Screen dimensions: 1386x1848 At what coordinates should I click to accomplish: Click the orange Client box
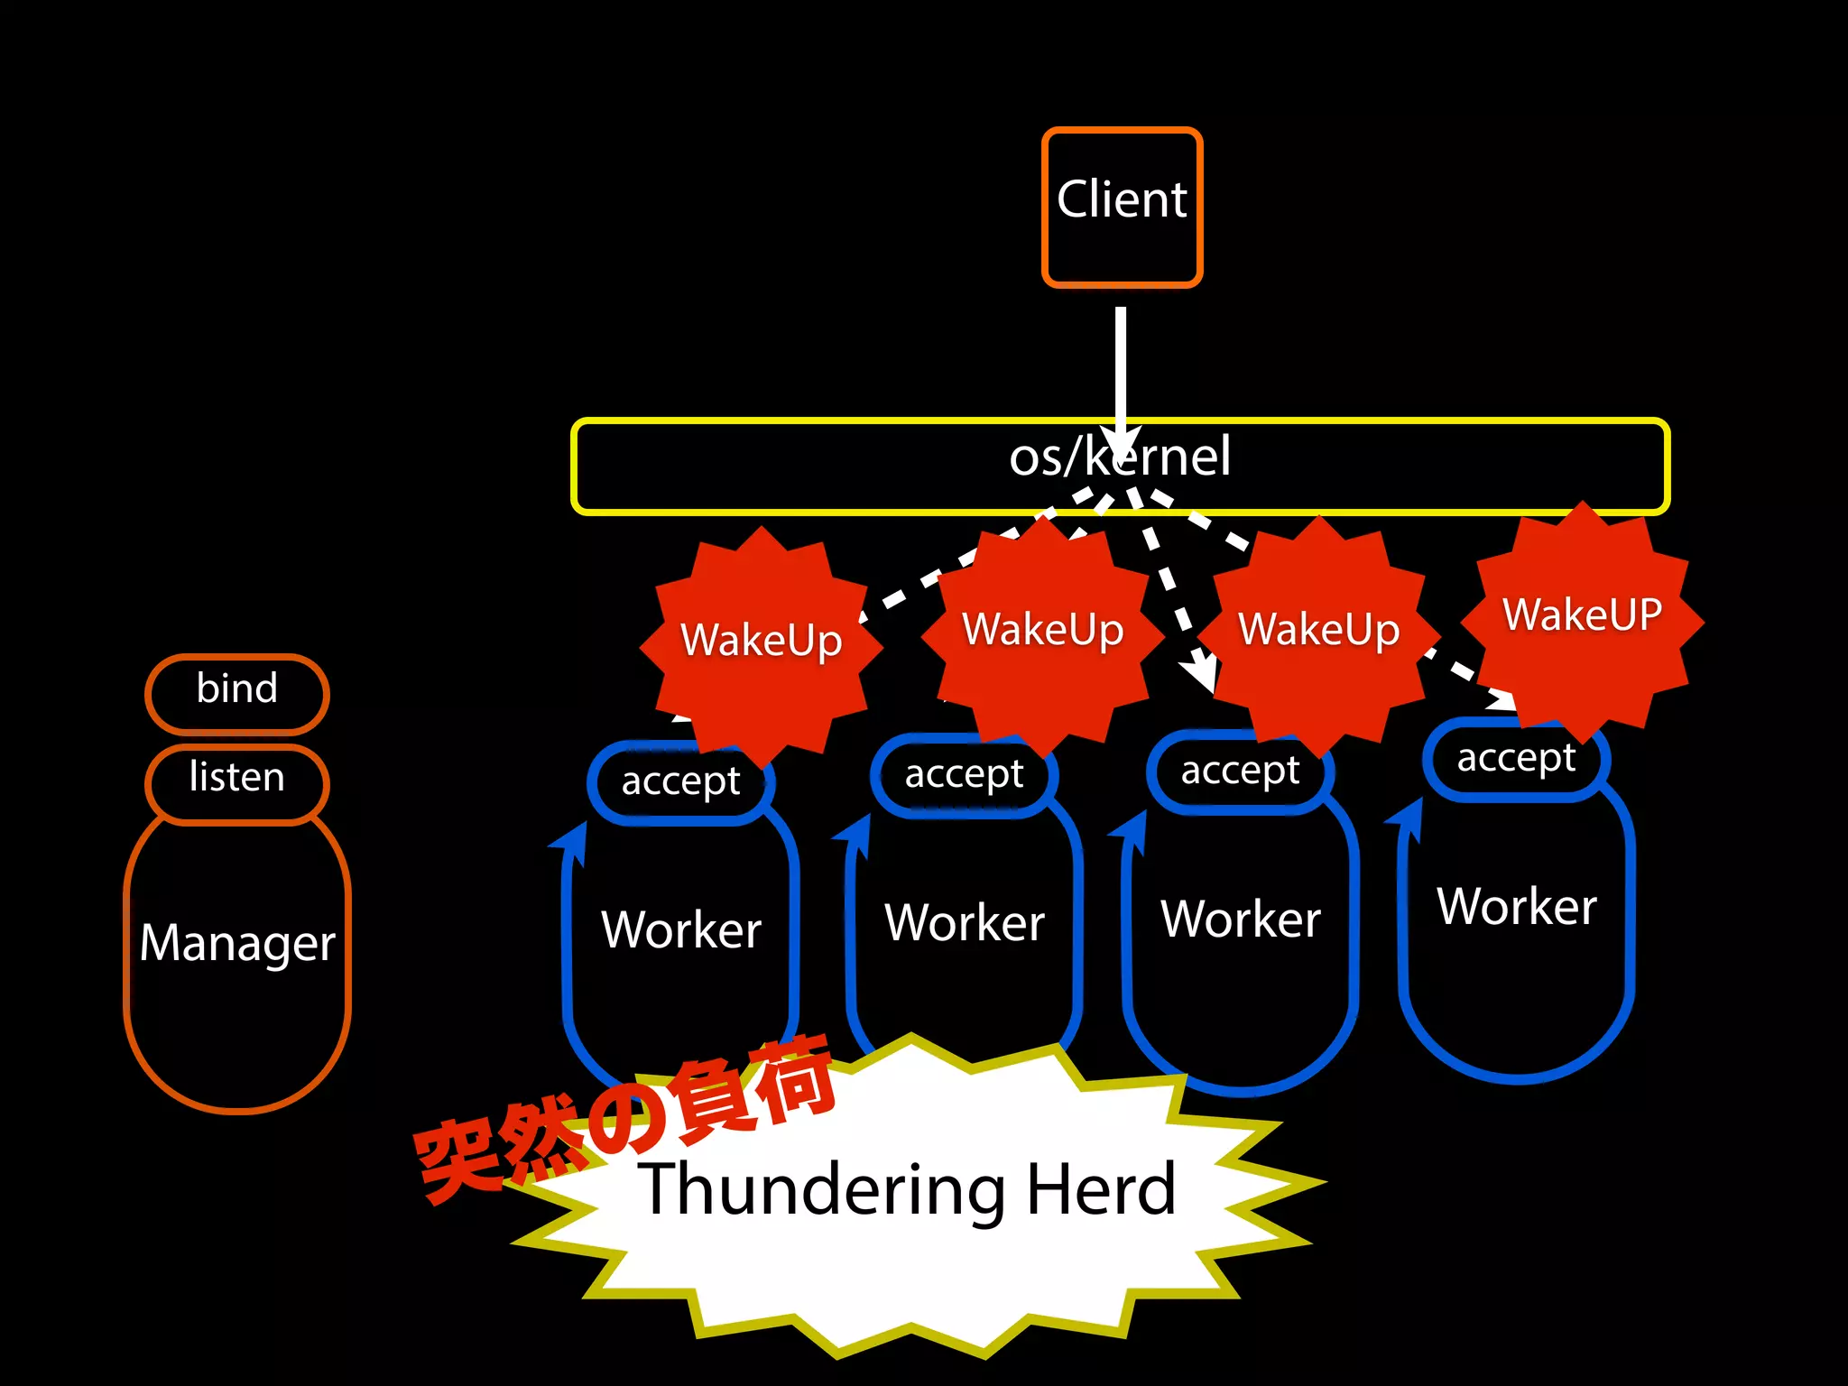[1122, 207]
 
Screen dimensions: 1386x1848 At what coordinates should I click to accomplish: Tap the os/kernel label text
[1119, 457]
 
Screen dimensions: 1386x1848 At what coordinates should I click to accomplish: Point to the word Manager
[237, 944]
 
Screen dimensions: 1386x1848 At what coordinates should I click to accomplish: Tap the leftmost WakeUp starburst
[761, 642]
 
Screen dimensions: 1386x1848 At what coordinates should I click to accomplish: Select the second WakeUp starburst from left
[1043, 631]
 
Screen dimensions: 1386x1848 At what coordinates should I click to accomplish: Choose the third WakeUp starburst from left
[1319, 631]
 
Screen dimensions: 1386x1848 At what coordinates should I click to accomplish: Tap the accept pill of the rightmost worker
[1516, 759]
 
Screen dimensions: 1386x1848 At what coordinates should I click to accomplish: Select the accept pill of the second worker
[964, 775]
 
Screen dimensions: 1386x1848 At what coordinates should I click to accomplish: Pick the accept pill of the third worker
[1240, 772]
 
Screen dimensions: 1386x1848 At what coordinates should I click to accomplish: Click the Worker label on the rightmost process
[1517, 907]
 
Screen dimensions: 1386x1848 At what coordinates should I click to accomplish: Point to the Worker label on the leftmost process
[681, 930]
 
